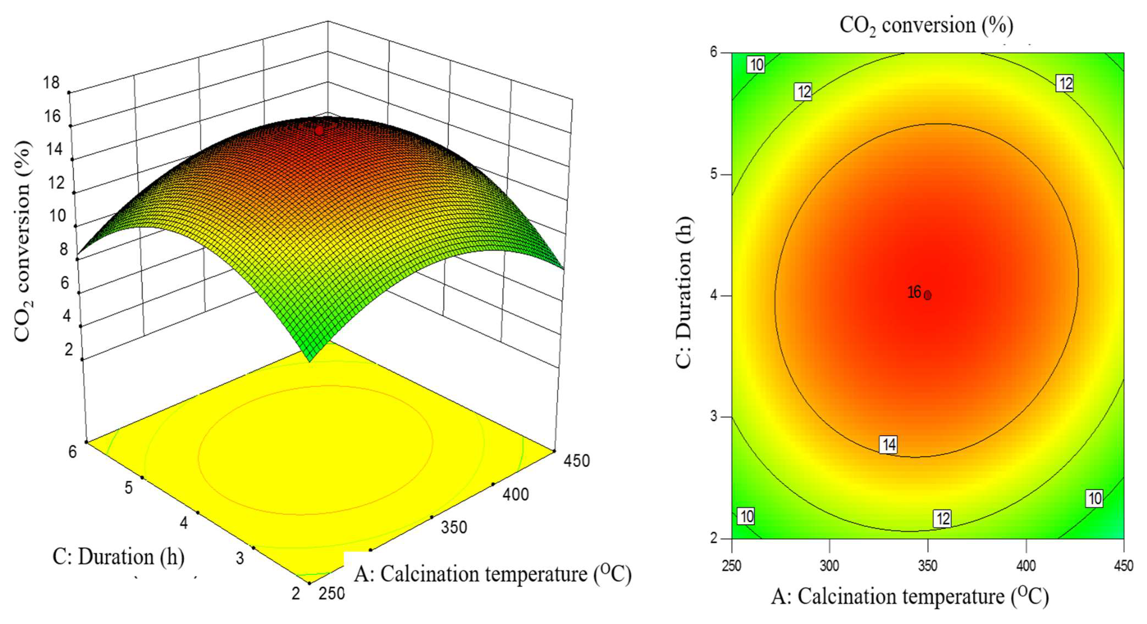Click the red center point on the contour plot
pos(927,295)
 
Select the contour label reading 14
pos(889,444)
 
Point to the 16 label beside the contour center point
pos(914,292)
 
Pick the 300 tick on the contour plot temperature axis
pos(829,566)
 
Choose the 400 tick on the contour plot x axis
pos(1026,566)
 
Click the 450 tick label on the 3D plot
pos(577,461)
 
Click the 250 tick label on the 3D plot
pos(332,593)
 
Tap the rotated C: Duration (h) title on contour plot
pos(683,293)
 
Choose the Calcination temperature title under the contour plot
pos(910,596)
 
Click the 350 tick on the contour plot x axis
pos(928,566)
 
